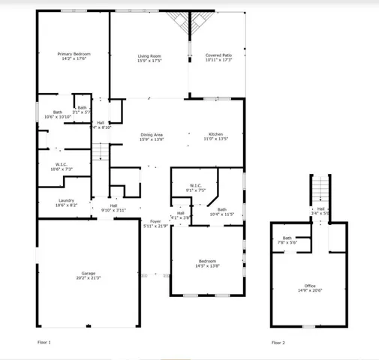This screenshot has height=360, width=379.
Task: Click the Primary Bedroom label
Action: point(75,54)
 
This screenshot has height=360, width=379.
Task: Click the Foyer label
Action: point(155,221)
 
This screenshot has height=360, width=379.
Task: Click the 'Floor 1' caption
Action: point(44,342)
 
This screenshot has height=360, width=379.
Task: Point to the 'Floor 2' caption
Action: point(278,342)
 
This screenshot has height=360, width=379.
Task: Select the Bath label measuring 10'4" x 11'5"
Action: point(223,210)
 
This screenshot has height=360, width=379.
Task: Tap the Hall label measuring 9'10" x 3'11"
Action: point(113,205)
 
